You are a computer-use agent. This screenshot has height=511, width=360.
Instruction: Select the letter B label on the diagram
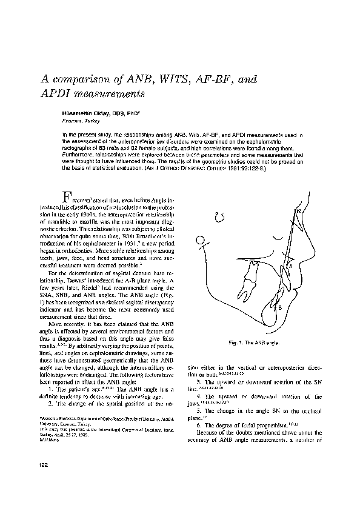click(279, 308)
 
